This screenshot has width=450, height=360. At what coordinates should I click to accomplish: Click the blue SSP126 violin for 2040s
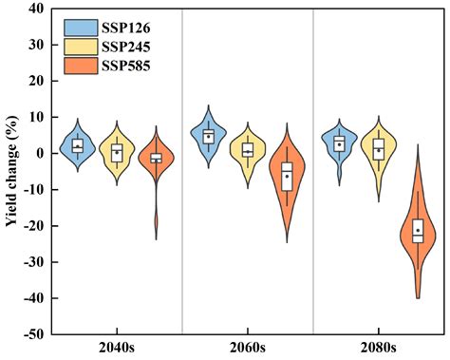pos(78,145)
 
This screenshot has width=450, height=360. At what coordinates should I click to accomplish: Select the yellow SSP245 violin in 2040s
pos(117,151)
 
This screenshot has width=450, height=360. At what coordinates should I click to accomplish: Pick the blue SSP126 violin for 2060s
pos(209,136)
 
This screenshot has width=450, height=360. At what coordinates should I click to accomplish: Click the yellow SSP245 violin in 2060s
pos(248,149)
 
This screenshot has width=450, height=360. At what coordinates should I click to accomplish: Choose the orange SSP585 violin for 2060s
pos(287,176)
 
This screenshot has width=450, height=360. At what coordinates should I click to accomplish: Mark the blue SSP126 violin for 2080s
pos(339,143)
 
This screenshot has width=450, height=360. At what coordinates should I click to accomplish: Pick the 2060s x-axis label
pos(248,349)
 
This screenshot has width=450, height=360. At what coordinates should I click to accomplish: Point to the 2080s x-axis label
pos(378,349)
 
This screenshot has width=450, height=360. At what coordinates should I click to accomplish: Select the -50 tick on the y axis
pos(30,334)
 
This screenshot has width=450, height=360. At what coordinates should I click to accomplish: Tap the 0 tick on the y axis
pos(38,153)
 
